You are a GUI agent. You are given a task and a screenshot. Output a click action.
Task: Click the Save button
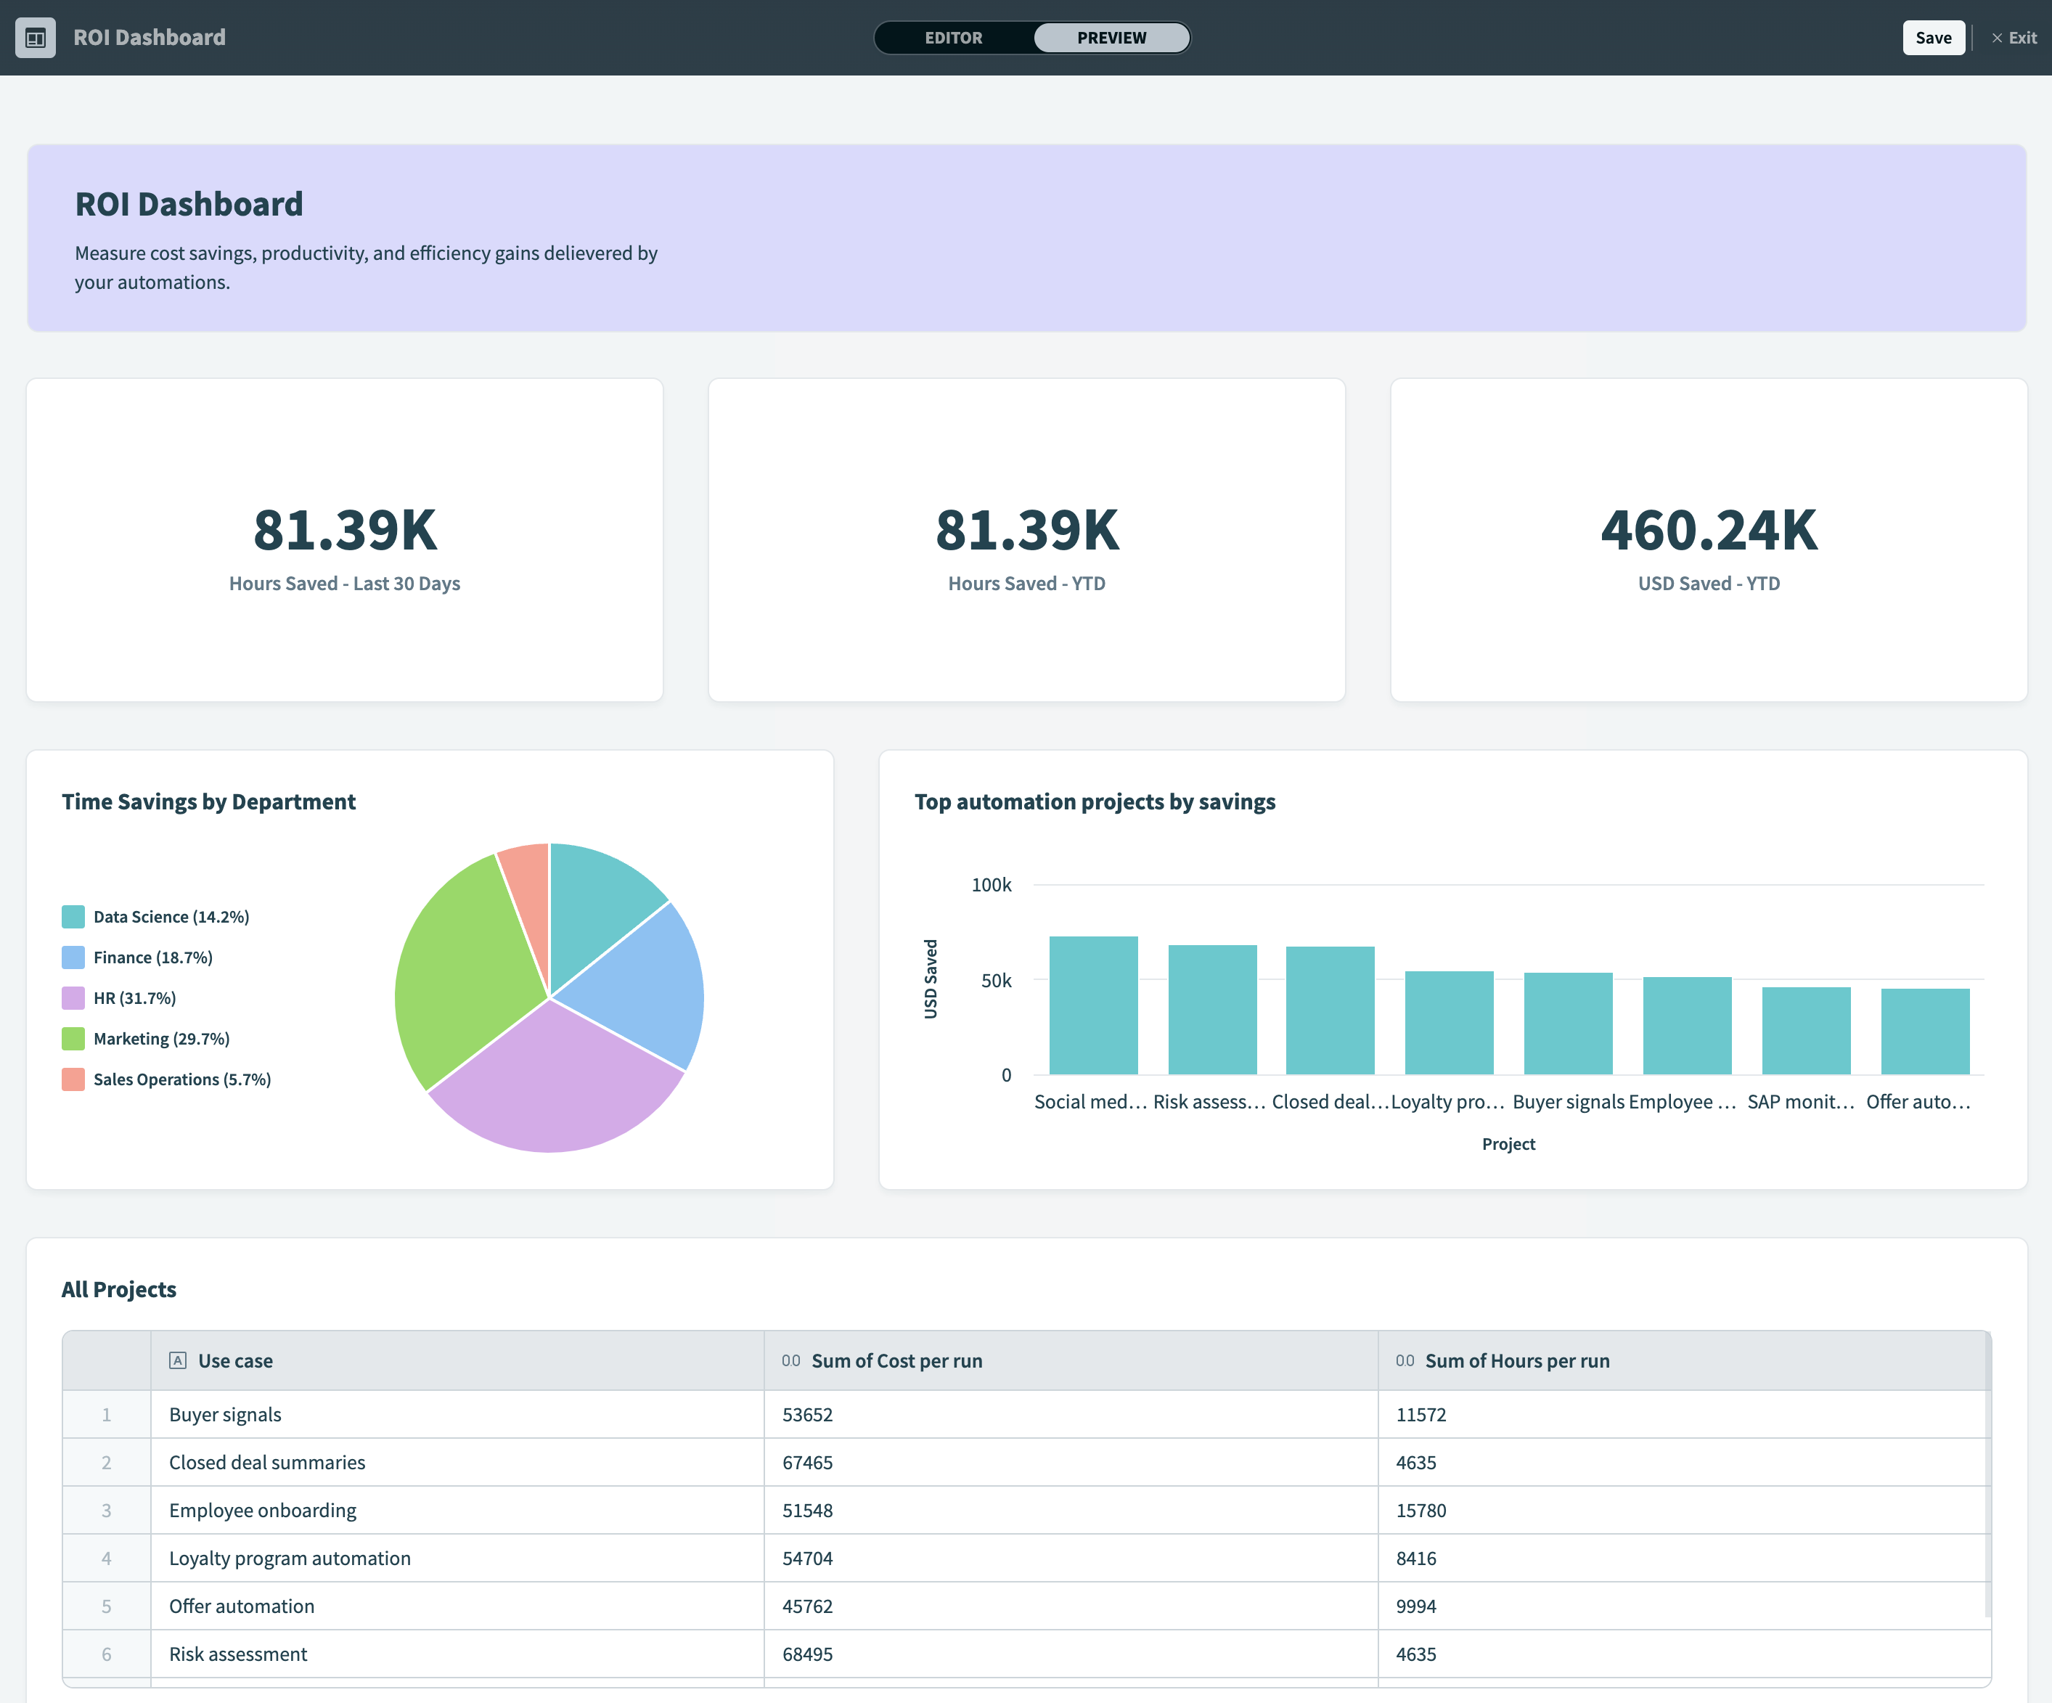point(1933,38)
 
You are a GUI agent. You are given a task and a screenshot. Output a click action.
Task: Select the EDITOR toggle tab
point(953,38)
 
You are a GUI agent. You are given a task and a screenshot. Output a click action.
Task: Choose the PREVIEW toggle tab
point(1111,38)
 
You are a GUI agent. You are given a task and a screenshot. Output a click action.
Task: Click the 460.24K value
point(1708,531)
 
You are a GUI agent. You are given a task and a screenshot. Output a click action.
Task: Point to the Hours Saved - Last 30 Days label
point(344,584)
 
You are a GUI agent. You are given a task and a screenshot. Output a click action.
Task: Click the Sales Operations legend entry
point(181,1079)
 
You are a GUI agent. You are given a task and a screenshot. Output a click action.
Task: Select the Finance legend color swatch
point(73,957)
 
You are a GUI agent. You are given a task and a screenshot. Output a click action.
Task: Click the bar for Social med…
point(1093,1006)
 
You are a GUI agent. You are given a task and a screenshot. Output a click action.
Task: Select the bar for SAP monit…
point(1806,1031)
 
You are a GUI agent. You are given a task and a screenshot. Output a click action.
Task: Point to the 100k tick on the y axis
point(991,885)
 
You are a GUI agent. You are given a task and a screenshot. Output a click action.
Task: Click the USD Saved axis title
point(931,979)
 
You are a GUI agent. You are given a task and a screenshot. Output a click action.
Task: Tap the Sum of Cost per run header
point(896,1361)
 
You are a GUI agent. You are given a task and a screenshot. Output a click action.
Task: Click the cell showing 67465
point(807,1463)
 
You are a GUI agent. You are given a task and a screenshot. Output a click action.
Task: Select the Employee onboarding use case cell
point(263,1511)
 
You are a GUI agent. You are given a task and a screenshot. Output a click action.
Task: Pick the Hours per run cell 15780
point(1421,1511)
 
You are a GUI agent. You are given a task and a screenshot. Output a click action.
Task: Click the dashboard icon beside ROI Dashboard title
point(35,38)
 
